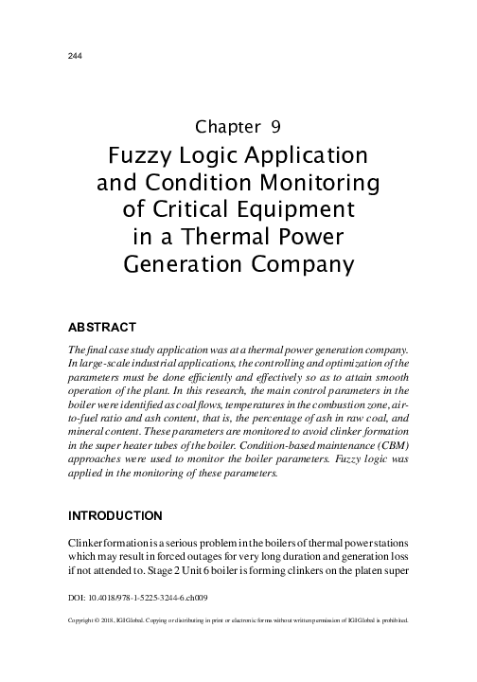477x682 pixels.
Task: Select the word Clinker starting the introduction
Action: point(90,543)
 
